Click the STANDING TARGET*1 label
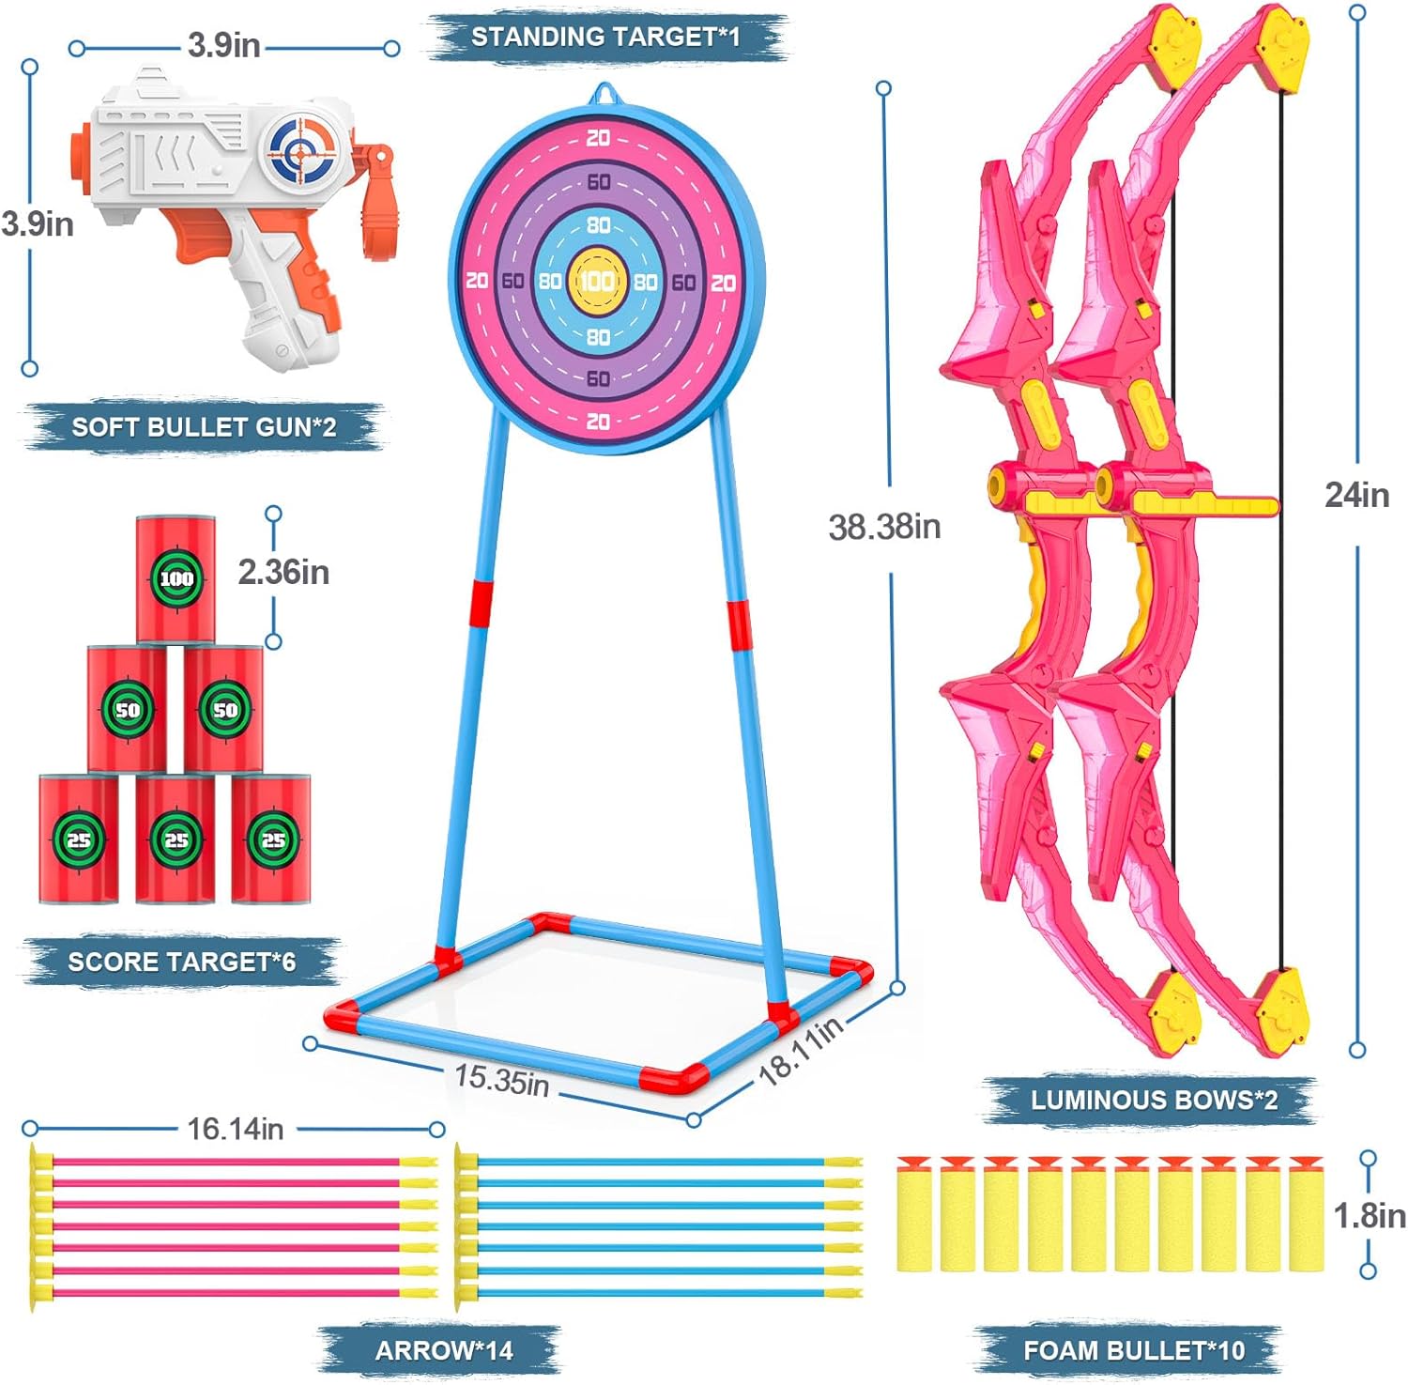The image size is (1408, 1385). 605,37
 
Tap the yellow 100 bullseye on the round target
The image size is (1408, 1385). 598,280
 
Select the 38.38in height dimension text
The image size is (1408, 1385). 884,527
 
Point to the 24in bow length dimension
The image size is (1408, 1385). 1356,495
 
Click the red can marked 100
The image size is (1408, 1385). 176,578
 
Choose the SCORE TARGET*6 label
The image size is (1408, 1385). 181,962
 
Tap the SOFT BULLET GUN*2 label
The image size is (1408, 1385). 204,427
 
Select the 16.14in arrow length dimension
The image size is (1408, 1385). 235,1128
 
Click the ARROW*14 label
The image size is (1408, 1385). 444,1350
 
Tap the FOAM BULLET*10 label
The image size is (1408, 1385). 1134,1350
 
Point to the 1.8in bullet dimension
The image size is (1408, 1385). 1370,1216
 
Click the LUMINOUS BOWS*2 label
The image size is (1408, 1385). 1154,1100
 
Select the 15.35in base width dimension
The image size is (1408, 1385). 502,1079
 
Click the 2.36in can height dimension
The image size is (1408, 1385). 283,572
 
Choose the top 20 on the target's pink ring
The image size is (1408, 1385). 598,138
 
